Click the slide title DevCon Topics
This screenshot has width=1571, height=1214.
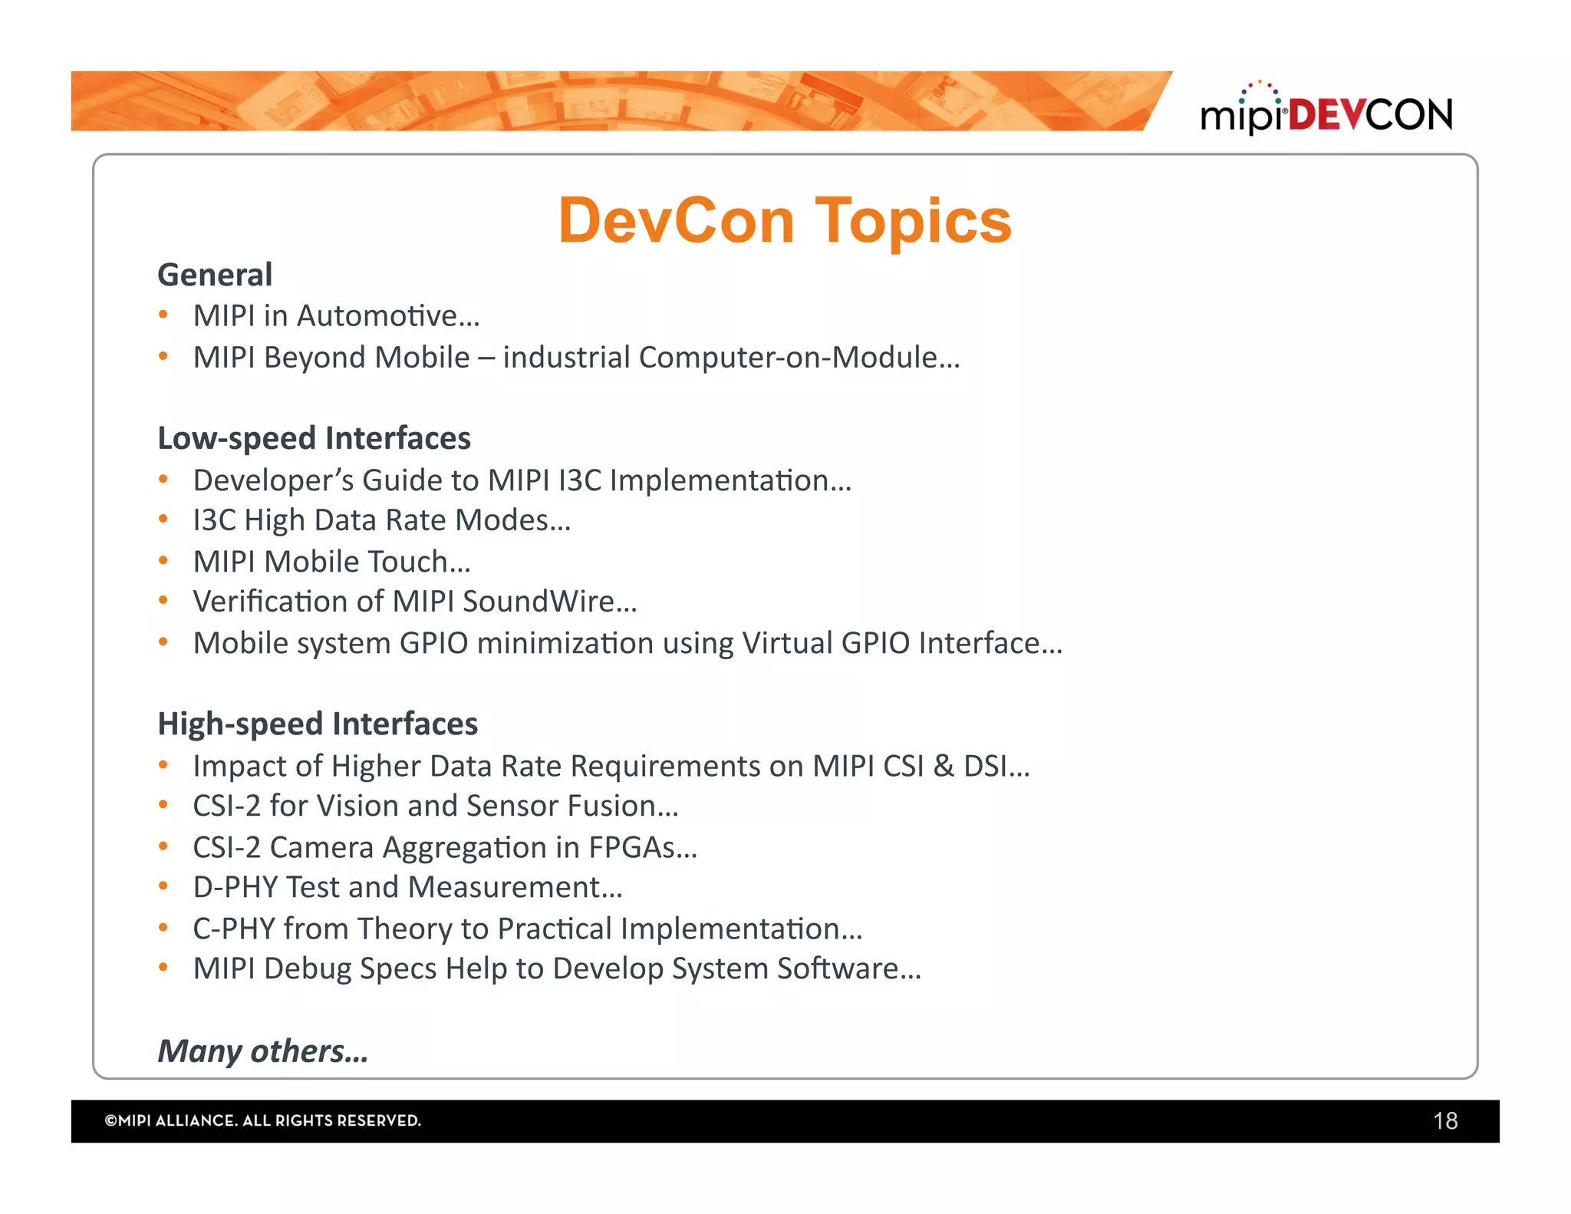pos(785,221)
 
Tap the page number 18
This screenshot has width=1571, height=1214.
pos(1444,1121)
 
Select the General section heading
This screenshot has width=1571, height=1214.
pos(215,275)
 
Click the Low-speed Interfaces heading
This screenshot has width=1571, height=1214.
pos(314,438)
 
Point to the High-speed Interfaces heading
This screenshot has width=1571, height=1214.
pos(318,724)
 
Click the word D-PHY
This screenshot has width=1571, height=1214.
pos(235,888)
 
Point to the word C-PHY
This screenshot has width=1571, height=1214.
pos(234,929)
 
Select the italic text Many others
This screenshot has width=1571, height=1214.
pos(262,1051)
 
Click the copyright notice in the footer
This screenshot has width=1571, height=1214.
pos(263,1121)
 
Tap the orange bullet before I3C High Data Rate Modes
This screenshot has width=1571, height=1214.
pos(163,520)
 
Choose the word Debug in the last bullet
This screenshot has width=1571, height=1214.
pos(307,969)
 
